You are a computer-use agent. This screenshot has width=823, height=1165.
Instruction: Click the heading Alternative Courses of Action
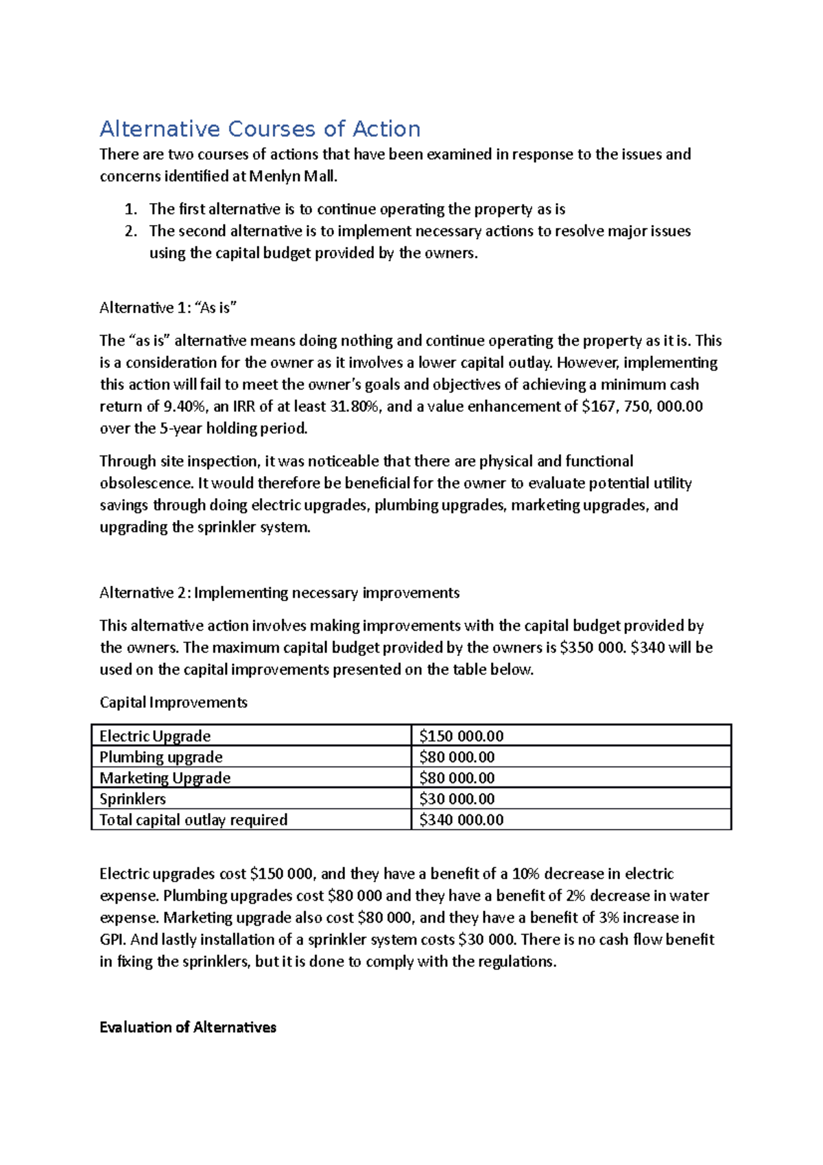[260, 129]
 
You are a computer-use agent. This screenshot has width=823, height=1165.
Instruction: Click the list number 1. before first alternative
[131, 209]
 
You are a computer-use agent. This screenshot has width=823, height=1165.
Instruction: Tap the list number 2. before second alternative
[131, 231]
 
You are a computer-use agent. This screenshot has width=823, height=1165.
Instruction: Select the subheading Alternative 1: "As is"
[168, 308]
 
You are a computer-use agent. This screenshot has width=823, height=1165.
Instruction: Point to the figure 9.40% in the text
[184, 407]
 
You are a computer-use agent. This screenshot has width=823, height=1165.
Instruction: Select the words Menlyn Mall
[292, 176]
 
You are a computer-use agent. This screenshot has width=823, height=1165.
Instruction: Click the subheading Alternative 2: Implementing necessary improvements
[279, 593]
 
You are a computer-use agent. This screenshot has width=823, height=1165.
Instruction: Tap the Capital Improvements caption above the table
[173, 703]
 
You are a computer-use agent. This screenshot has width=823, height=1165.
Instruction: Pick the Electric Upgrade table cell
[155, 736]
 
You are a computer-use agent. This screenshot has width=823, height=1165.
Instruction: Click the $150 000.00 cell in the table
[461, 736]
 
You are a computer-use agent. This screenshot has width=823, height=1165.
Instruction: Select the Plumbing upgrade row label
[160, 757]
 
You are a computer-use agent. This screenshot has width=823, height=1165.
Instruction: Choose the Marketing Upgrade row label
[165, 778]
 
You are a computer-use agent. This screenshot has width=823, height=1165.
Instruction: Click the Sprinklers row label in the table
[132, 799]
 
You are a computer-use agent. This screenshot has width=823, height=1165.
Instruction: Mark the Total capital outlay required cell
[193, 820]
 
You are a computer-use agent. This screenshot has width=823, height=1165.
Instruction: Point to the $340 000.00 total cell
[461, 820]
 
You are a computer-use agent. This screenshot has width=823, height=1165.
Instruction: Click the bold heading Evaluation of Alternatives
[187, 1028]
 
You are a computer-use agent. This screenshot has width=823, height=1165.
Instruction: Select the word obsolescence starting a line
[147, 484]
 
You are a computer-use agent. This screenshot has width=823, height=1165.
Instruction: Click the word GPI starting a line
[112, 940]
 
